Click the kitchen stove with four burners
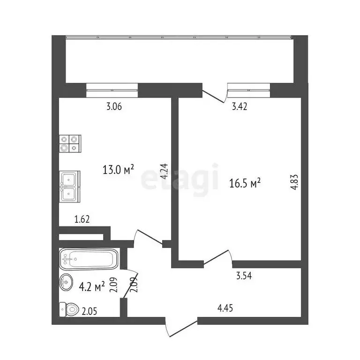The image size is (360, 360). point(70,143)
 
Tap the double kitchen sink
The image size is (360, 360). point(70,185)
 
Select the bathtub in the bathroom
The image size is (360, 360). point(88,259)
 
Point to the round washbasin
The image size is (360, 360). point(66,282)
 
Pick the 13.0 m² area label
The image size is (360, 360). point(119,169)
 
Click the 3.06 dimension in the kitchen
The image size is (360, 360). point(114,107)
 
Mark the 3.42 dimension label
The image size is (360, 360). point(240,107)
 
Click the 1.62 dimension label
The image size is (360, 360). point(82,218)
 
